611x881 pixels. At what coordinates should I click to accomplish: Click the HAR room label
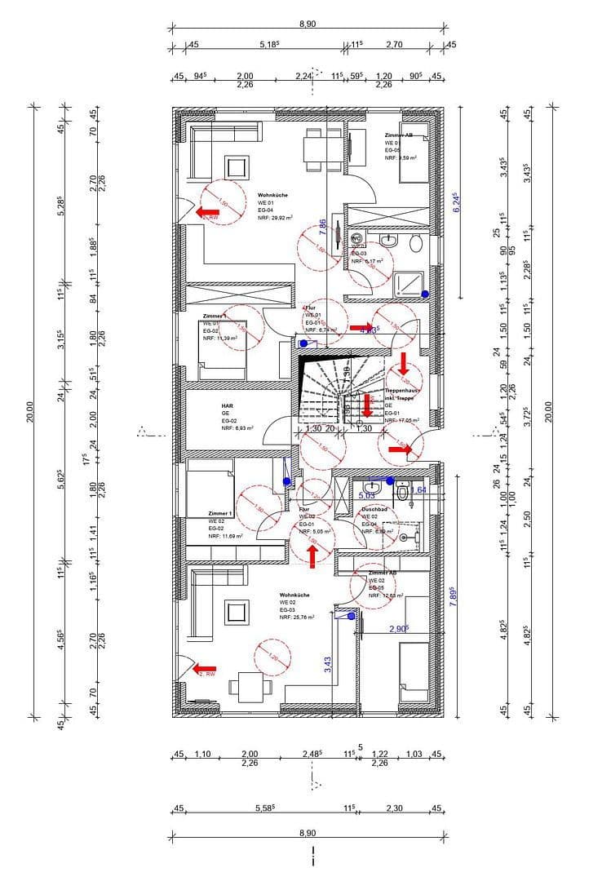coord(228,405)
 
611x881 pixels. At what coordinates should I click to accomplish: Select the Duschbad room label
coord(374,509)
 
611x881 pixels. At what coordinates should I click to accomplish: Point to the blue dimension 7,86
coord(323,228)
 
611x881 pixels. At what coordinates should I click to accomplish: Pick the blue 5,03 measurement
coord(366,494)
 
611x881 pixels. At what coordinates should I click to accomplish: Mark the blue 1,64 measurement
coord(418,489)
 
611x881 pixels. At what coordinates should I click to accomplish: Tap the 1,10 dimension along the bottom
coord(202,754)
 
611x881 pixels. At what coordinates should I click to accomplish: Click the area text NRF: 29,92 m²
coord(275,218)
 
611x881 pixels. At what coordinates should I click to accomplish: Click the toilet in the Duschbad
coord(401,494)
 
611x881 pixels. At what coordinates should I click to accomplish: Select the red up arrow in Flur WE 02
coord(312,555)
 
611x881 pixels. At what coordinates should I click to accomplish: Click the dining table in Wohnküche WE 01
coord(316,148)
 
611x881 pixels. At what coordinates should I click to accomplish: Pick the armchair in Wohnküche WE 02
coord(237,612)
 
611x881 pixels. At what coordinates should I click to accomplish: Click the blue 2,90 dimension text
coord(398,629)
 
